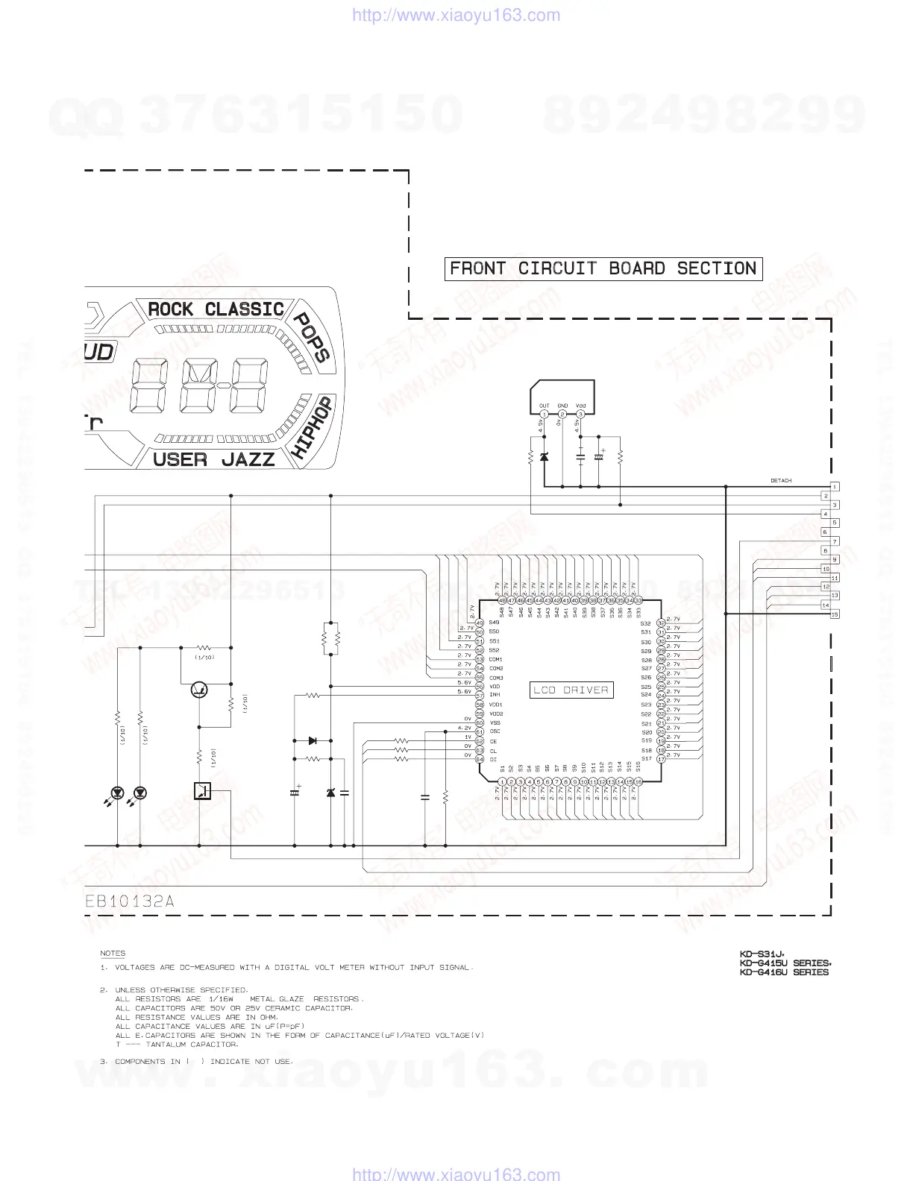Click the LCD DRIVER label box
(571, 690)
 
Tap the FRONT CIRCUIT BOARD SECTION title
(603, 268)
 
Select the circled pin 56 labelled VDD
(480, 687)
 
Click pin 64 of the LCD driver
(480, 759)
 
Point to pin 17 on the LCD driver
(661, 759)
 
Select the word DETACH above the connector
(781, 481)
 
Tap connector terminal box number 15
(835, 614)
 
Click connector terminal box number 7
(835, 541)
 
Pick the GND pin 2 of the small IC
(562, 414)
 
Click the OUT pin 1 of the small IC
(545, 414)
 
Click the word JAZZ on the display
(248, 459)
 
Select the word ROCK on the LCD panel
(170, 309)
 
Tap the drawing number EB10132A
(130, 901)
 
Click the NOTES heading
(113, 954)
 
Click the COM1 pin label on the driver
(496, 660)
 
